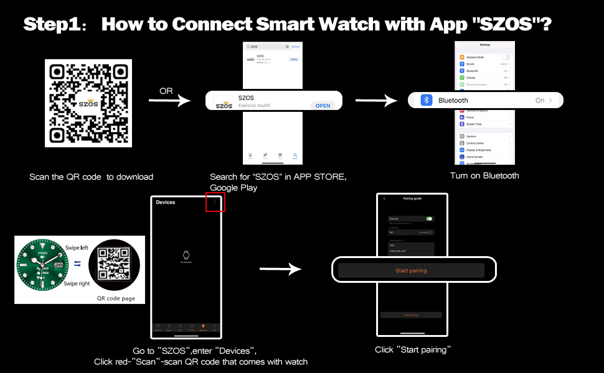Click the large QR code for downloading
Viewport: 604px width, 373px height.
coord(88,103)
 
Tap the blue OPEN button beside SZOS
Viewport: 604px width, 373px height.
coord(323,106)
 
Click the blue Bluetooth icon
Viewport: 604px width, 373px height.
coord(427,100)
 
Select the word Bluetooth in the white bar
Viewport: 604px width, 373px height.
coord(453,101)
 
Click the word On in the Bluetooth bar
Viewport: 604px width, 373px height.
coord(540,101)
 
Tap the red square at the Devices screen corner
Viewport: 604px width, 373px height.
coord(215,202)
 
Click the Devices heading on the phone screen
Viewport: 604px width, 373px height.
coord(166,202)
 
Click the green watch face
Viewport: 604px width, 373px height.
coord(43,269)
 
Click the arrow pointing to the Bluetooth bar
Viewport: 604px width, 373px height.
coord(376,100)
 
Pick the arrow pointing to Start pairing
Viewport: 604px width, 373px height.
coord(280,269)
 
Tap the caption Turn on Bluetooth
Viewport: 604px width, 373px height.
coord(484,176)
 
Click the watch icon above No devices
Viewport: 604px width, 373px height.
coord(185,254)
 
